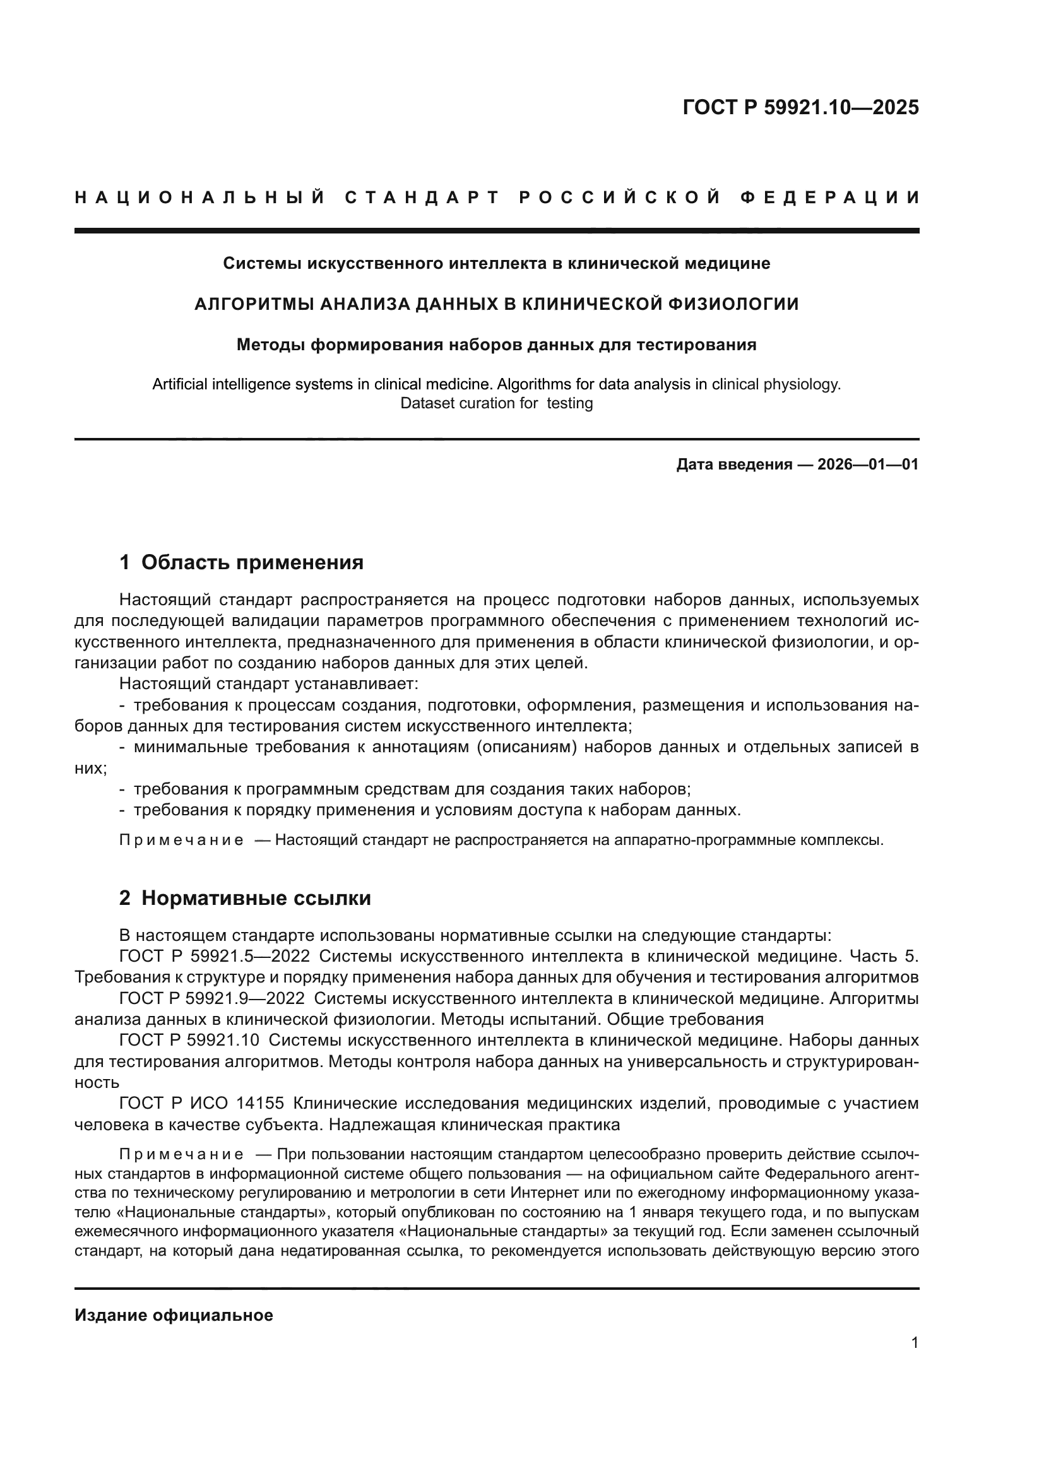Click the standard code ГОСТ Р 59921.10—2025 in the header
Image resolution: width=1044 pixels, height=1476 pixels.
click(800, 107)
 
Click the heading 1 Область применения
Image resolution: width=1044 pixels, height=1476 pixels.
click(241, 562)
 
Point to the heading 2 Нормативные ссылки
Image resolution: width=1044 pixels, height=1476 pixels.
click(245, 898)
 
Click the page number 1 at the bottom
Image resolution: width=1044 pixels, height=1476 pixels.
click(915, 1343)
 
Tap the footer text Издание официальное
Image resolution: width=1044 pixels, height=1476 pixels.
click(174, 1314)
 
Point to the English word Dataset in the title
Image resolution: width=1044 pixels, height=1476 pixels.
click(427, 404)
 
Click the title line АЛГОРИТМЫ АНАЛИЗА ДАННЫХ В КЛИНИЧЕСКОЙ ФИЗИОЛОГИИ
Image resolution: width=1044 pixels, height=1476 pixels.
click(496, 304)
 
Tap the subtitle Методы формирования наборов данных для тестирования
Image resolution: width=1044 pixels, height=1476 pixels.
click(496, 345)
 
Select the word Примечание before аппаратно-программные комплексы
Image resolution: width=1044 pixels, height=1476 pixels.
click(181, 840)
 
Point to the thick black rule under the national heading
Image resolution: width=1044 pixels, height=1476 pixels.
click(496, 230)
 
